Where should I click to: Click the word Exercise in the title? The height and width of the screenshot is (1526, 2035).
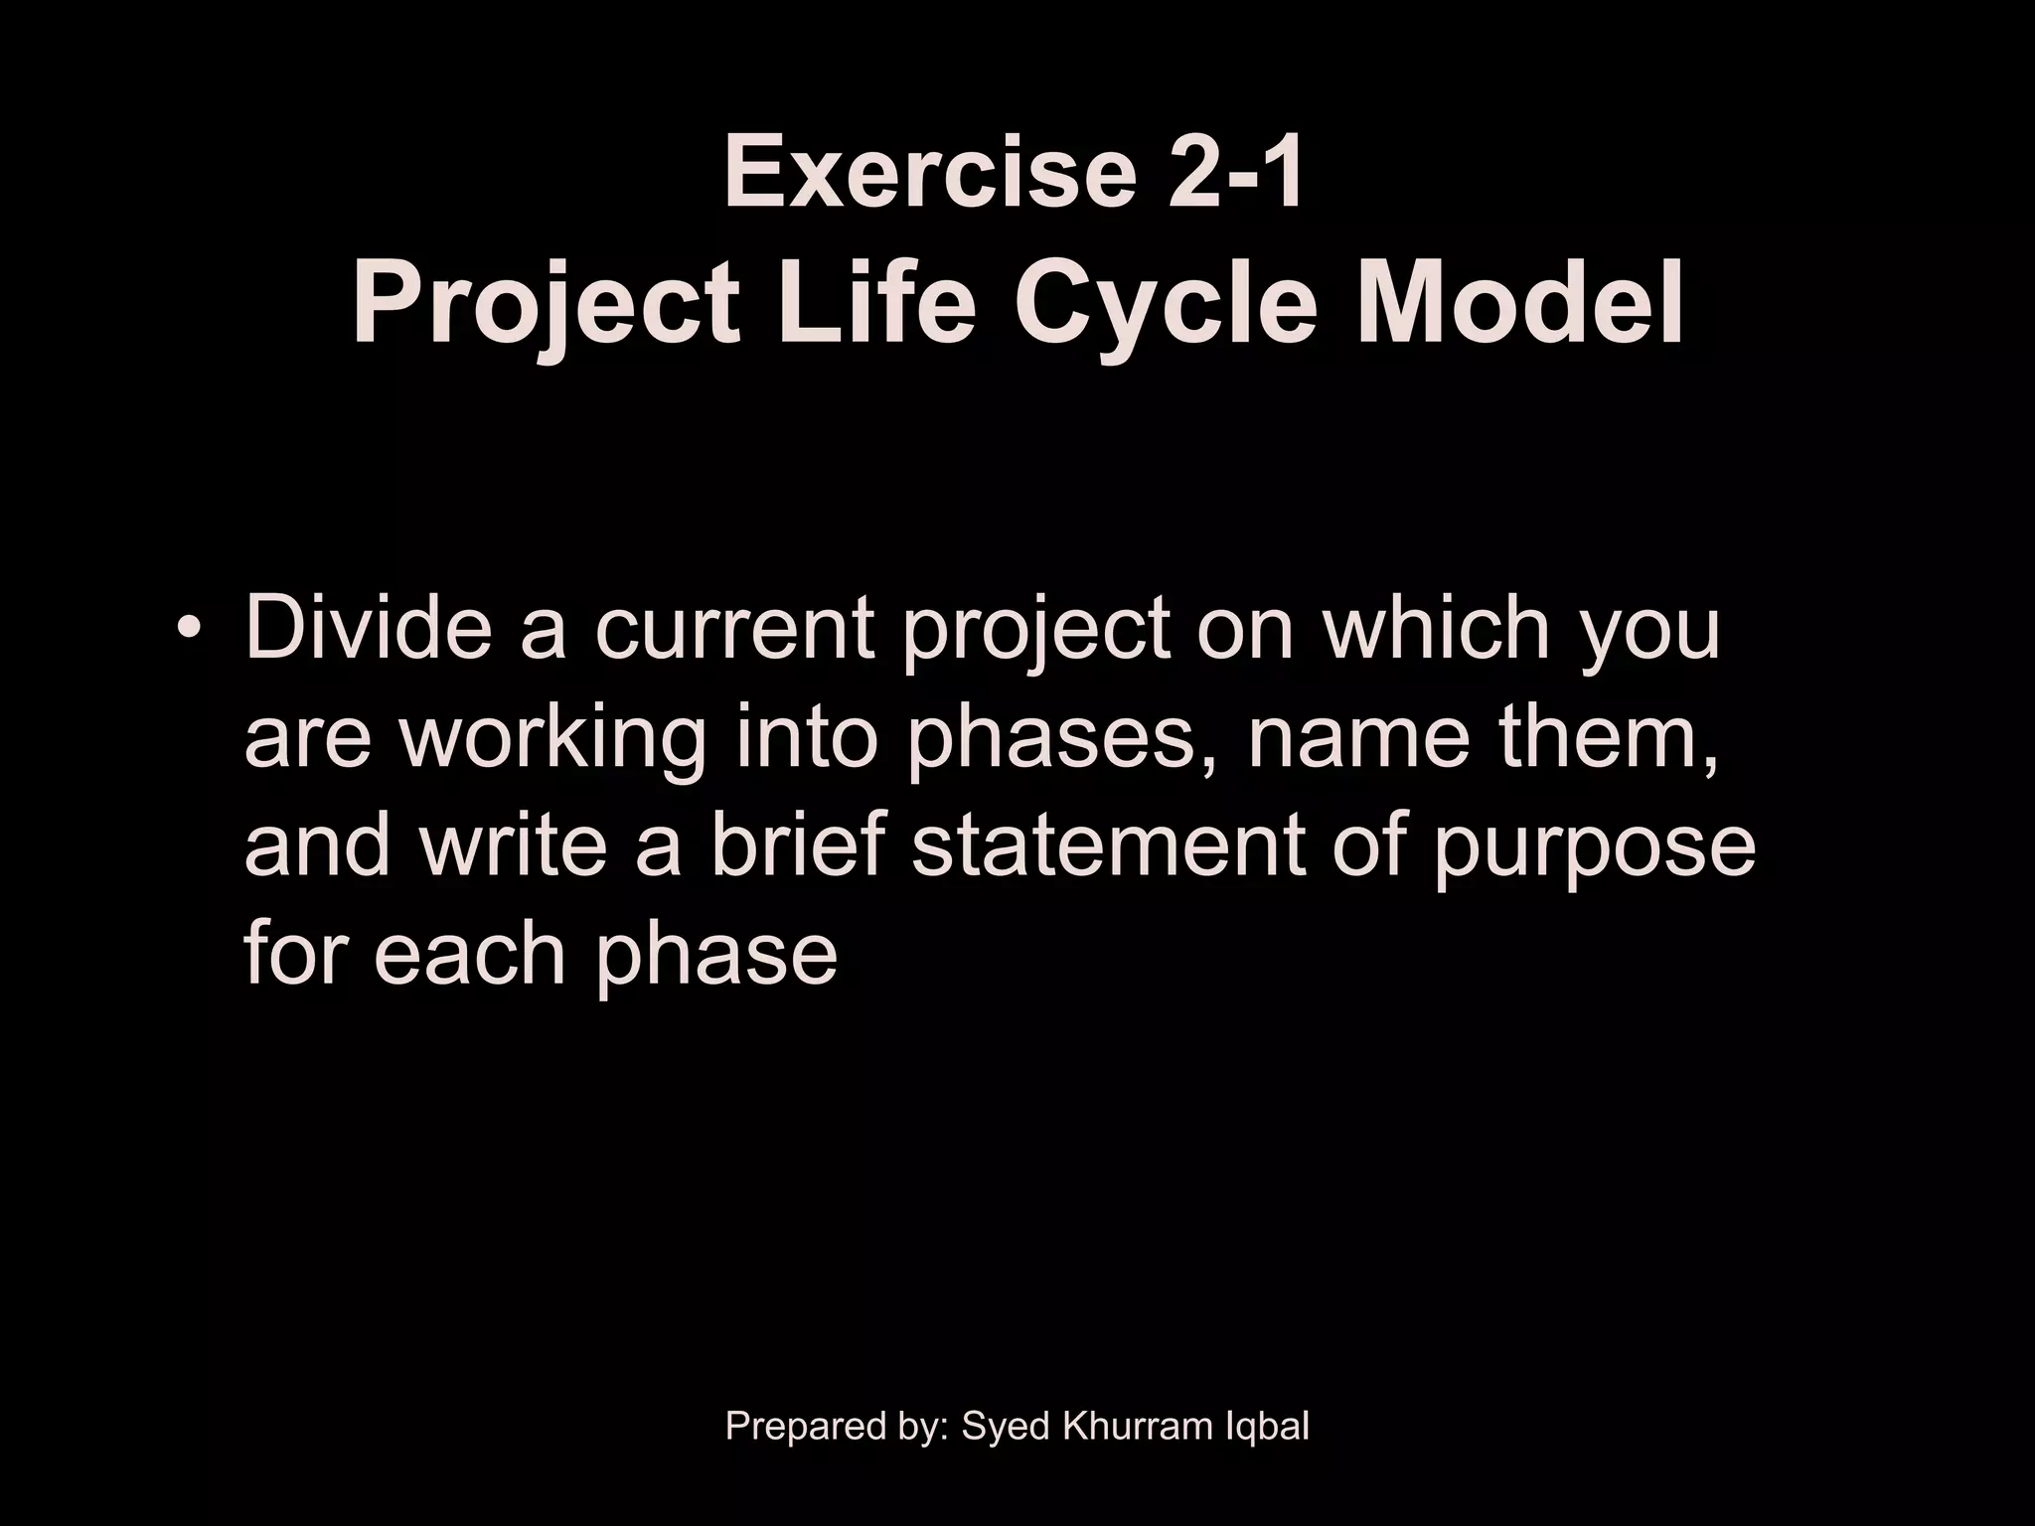[x=929, y=175]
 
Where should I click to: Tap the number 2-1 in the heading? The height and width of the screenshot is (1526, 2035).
[x=1235, y=175]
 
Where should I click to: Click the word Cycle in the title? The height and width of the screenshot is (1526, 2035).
[x=1166, y=302]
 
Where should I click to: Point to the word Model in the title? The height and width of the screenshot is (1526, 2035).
[x=1519, y=302]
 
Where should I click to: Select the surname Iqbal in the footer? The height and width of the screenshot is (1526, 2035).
[x=1267, y=1427]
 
